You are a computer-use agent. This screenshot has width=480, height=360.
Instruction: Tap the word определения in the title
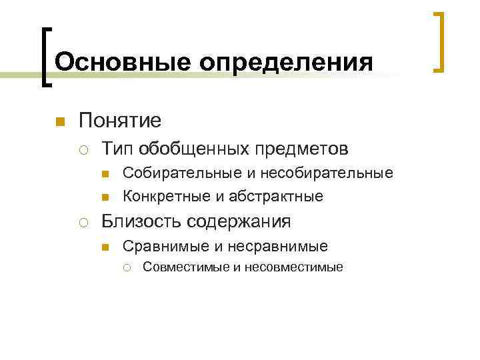(285, 63)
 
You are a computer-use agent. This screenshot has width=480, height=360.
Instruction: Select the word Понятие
(120, 121)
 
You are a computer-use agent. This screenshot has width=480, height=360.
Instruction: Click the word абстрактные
(276, 196)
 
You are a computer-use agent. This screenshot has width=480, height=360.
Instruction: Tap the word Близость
(140, 221)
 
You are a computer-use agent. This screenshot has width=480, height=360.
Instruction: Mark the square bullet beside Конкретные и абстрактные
(105, 197)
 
